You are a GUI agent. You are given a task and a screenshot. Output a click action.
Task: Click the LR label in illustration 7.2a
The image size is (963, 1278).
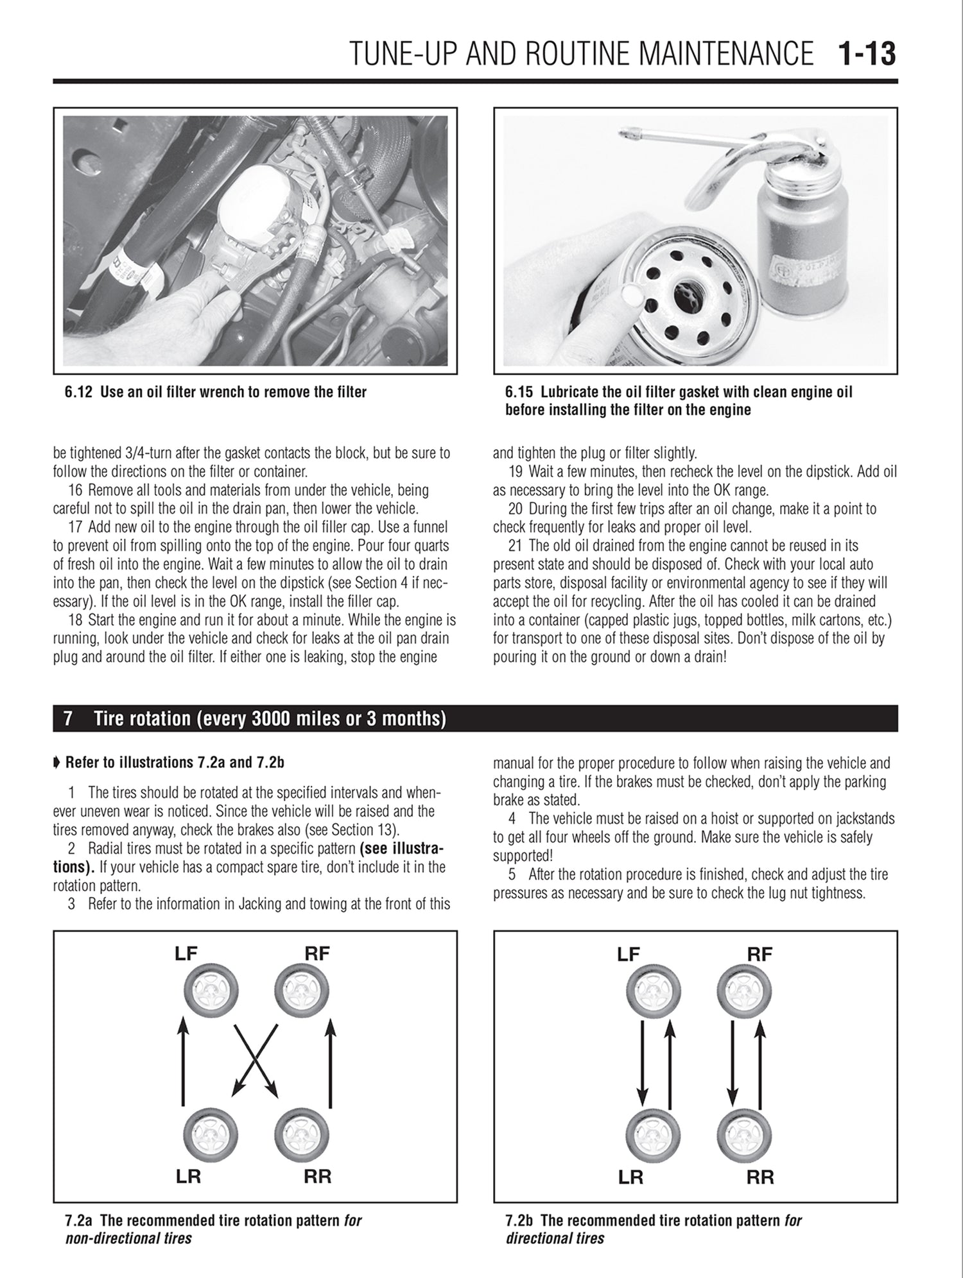187,1177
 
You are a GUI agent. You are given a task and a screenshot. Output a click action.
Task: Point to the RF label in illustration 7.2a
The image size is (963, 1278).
317,953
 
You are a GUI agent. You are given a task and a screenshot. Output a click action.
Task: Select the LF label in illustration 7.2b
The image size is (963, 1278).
629,955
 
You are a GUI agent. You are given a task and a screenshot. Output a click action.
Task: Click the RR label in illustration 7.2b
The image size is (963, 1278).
760,1177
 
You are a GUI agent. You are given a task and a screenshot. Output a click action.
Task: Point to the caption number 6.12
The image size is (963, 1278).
78,392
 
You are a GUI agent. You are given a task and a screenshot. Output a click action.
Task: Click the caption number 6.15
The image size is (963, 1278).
519,392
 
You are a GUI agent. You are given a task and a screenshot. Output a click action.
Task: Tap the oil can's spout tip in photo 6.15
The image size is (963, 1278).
623,135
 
